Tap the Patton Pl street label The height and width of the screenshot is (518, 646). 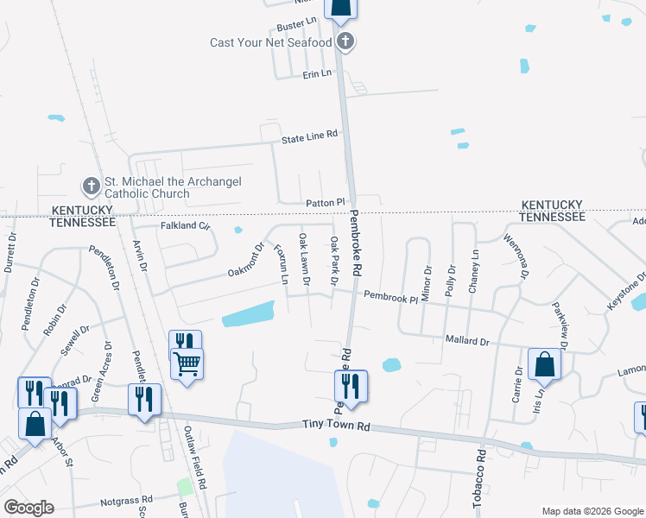pos(325,202)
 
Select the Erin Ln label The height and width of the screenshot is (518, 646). pos(317,75)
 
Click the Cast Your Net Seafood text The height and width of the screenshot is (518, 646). pos(271,42)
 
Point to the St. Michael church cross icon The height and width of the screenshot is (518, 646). pos(92,186)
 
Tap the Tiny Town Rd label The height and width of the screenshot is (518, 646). pos(336,426)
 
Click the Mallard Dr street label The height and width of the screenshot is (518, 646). pos(467,342)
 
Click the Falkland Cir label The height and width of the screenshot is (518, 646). pos(186,226)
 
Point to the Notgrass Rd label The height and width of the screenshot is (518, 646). pos(126,500)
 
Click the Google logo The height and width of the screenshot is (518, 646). pos(28,508)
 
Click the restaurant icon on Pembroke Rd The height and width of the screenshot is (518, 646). pos(351,385)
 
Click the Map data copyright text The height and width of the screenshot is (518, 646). pos(592,511)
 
